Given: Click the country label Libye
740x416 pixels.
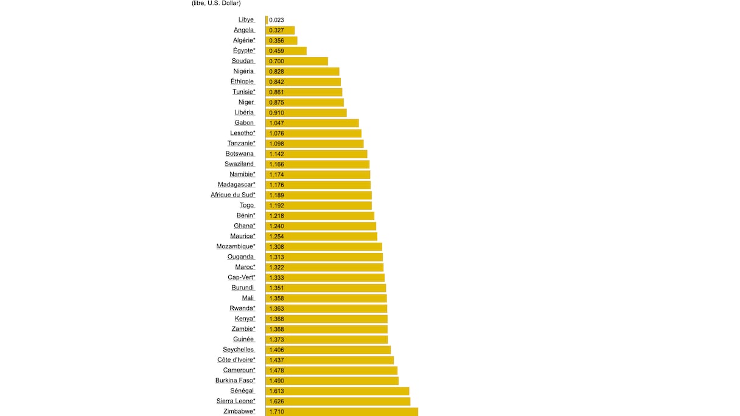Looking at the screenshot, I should point(246,20).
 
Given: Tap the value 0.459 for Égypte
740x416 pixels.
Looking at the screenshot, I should point(276,51).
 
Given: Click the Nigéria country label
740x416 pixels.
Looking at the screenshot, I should point(243,71).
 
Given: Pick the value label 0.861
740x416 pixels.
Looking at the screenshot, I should point(276,92).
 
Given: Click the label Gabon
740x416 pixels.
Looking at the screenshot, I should point(244,123).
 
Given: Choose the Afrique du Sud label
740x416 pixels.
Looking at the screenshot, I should point(233,195).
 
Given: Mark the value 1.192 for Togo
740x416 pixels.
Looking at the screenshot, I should point(276,206).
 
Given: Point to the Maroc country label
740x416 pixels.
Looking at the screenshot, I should point(245,267).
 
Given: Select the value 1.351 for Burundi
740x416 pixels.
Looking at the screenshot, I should point(276,288).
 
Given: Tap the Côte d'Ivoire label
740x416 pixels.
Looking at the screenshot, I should point(236,360).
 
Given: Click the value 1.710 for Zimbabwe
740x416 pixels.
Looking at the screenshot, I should point(276,412).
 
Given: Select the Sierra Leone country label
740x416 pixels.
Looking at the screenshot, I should point(236,401).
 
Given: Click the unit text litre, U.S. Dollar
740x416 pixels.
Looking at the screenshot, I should point(216,3).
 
